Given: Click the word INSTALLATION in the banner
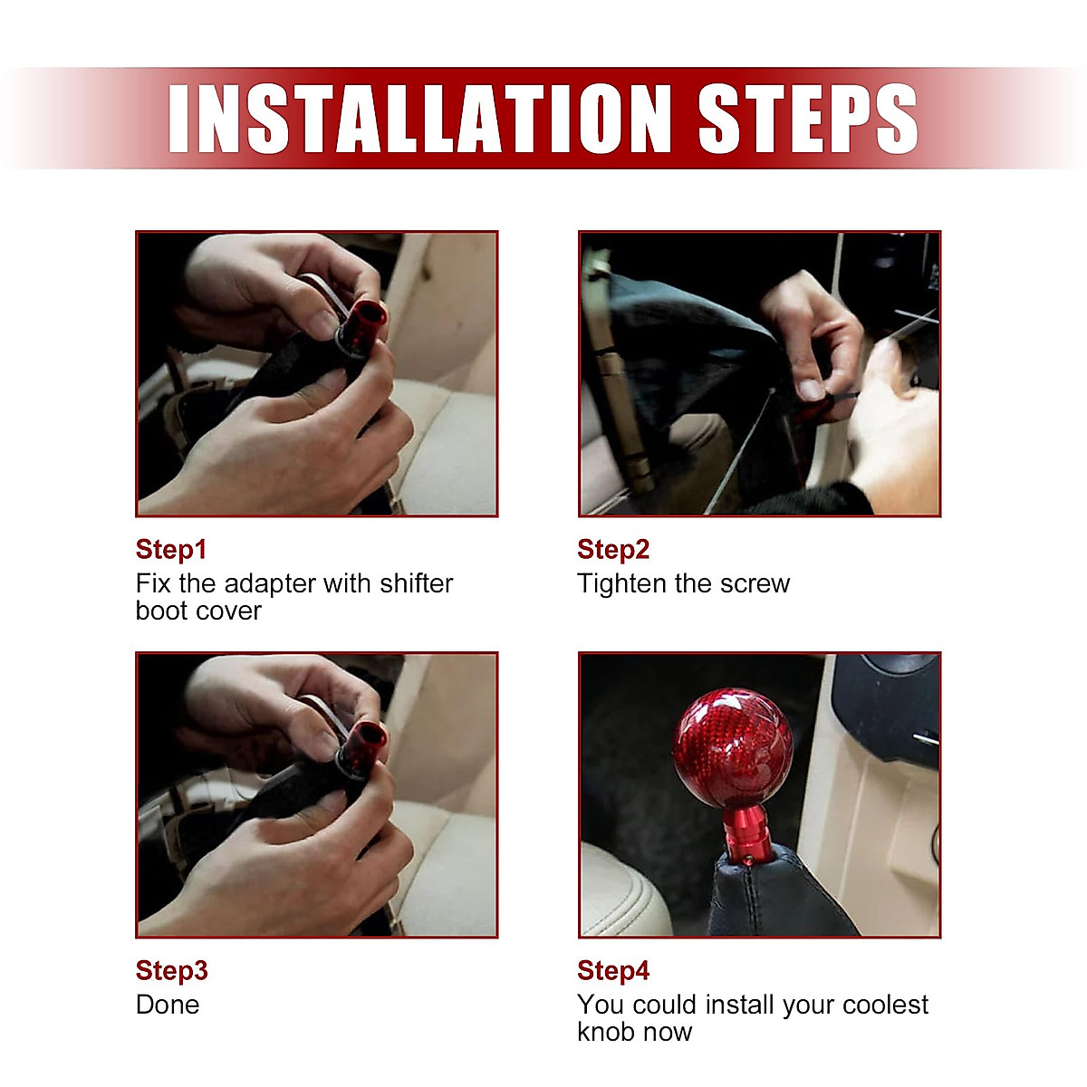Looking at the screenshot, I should click(428, 119).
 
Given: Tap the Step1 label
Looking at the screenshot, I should click(171, 550).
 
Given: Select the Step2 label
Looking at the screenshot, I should click(613, 550).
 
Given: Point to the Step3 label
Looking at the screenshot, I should click(171, 971).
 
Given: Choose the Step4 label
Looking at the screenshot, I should click(613, 971).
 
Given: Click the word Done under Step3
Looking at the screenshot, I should click(168, 1005).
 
